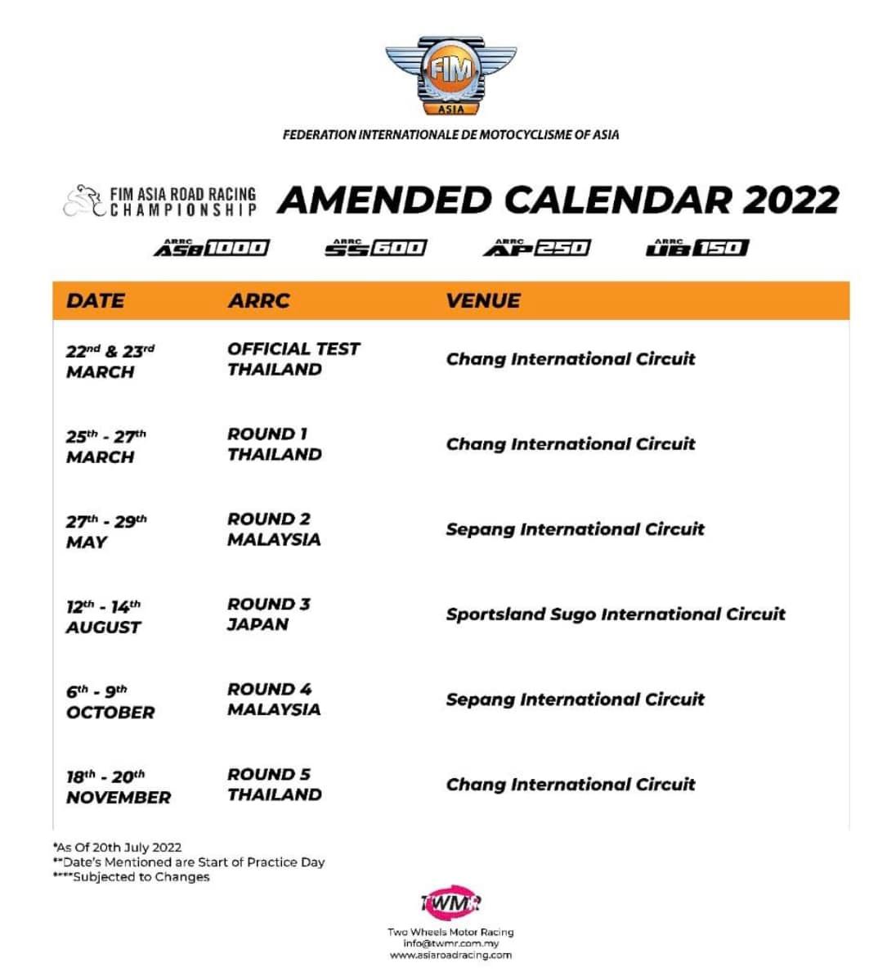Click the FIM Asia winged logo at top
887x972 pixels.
450,76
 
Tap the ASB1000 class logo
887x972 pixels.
211,247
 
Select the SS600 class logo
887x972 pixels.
376,247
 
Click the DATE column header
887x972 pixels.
96,300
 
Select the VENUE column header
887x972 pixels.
483,300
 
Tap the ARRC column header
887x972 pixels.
258,300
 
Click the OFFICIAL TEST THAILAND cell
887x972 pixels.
293,359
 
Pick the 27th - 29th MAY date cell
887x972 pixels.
106,531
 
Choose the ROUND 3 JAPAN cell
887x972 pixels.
268,614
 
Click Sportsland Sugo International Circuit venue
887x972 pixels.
615,614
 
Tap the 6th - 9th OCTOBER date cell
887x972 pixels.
110,701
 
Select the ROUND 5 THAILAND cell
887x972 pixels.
274,785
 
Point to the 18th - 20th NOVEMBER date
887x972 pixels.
118,786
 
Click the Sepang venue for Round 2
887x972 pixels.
575,529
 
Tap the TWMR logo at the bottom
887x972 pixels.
450,902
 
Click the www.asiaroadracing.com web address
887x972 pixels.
450,955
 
